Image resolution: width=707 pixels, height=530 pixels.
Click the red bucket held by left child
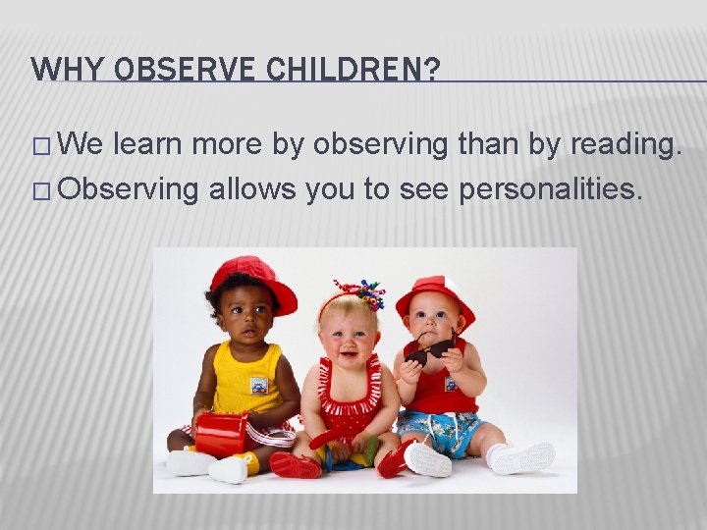220,435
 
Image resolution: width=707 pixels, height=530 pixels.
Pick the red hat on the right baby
437,292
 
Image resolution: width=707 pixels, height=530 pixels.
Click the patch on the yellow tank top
258,385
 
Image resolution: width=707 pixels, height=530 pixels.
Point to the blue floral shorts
441,432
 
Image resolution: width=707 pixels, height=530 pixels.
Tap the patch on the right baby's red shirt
451,382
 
